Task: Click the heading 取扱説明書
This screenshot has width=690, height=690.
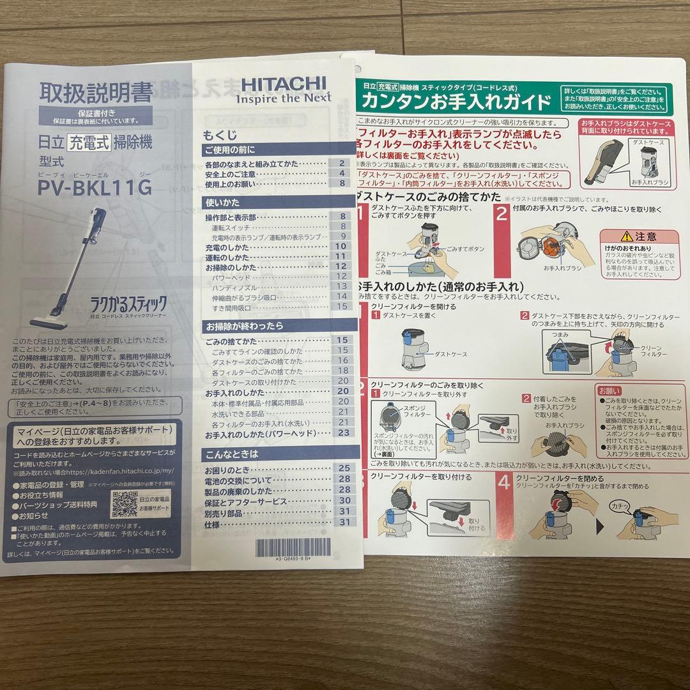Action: click(x=96, y=93)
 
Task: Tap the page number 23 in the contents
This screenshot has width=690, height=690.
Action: click(x=344, y=433)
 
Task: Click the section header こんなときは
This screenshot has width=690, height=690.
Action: click(x=232, y=454)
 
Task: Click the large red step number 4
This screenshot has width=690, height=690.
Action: click(x=504, y=484)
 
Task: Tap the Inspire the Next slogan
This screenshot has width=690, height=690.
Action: click(x=283, y=98)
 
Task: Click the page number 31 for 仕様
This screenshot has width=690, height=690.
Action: click(x=344, y=523)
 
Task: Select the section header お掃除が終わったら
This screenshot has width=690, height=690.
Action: click(x=244, y=326)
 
